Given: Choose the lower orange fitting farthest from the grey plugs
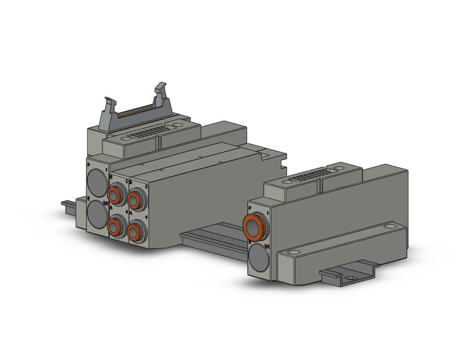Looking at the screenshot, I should click(x=136, y=232).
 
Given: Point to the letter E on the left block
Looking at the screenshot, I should click(x=90, y=200).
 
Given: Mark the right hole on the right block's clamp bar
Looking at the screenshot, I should click(x=390, y=227).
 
